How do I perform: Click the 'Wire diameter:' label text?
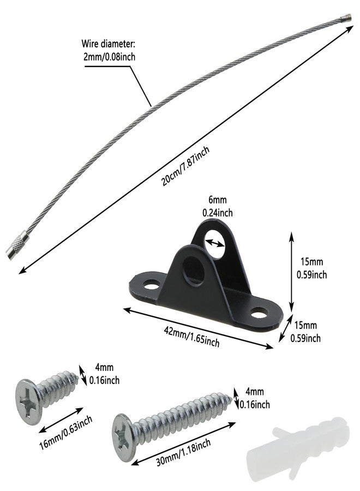pyautogui.click(x=109, y=43)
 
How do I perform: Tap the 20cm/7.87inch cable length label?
pyautogui.click(x=185, y=166)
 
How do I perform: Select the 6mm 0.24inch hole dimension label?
pyautogui.click(x=218, y=206)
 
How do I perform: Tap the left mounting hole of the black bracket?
pyautogui.click(x=151, y=285)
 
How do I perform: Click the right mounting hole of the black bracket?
pyautogui.click(x=260, y=313)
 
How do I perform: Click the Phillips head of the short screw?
pyautogui.click(x=28, y=402)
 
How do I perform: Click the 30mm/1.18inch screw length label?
pyautogui.click(x=183, y=452)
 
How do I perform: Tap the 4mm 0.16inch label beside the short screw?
pyautogui.click(x=105, y=374)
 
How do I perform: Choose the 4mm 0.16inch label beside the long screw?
pyautogui.click(x=255, y=398)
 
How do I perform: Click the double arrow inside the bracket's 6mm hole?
pyautogui.click(x=215, y=243)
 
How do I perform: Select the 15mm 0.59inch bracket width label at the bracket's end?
pyautogui.click(x=306, y=332)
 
